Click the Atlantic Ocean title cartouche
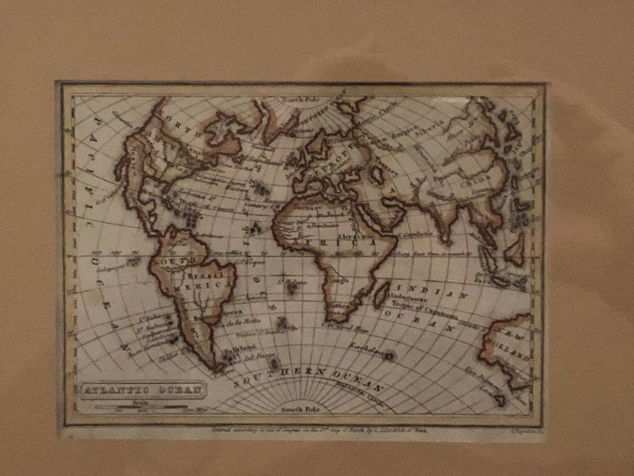(142, 390)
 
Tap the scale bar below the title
(142, 405)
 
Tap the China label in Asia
(468, 179)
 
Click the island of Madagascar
(381, 294)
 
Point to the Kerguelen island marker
(390, 355)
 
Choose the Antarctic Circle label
(372, 394)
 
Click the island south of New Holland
(500, 399)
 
